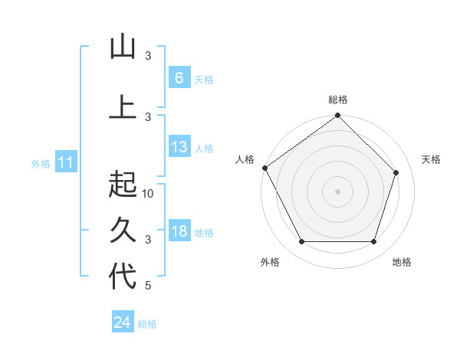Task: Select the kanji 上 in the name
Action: point(123,106)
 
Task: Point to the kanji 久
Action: point(123,229)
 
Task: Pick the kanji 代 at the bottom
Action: point(123,276)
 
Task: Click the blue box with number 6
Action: point(179,78)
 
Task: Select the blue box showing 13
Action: point(179,148)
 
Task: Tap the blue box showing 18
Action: point(179,232)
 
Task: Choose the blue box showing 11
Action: point(65,162)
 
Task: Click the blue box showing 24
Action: point(123,322)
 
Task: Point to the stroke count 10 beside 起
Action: point(149,194)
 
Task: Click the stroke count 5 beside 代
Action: point(149,286)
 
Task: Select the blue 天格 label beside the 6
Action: point(204,80)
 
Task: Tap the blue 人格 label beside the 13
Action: point(204,149)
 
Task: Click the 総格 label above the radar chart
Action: point(338,100)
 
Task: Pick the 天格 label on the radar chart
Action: point(431,159)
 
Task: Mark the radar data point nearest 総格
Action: point(337,116)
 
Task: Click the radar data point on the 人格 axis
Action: point(265,168)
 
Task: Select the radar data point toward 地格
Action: point(374,242)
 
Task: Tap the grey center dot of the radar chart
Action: point(337,191)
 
